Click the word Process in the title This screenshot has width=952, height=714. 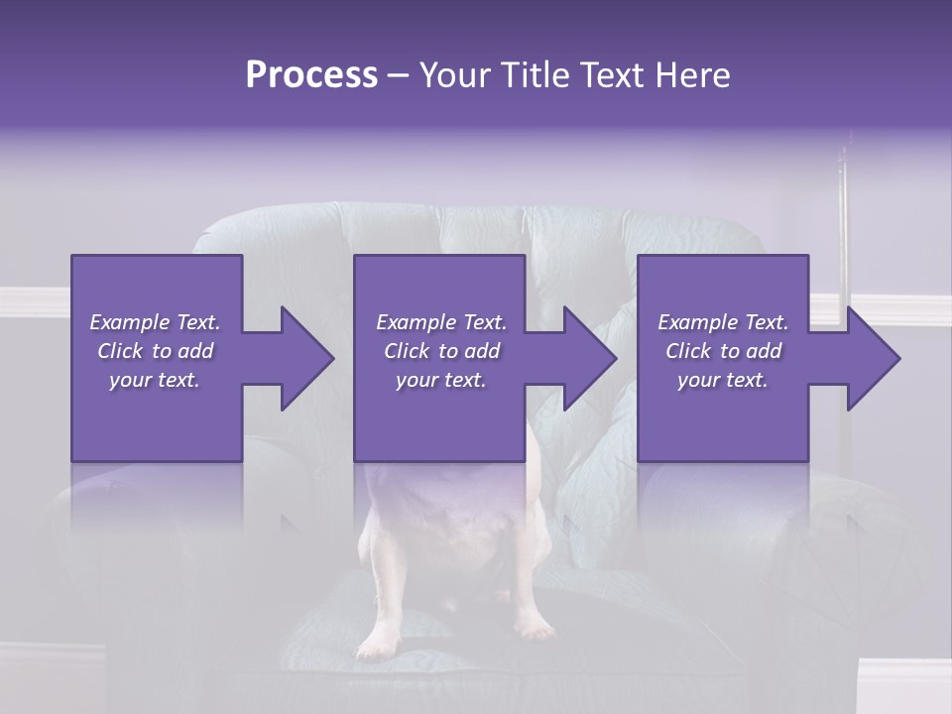(x=311, y=75)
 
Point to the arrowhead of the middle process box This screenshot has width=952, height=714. (x=589, y=358)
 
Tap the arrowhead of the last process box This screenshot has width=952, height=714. (x=873, y=358)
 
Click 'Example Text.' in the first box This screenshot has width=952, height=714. (x=155, y=322)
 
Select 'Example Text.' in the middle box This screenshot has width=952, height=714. (x=441, y=322)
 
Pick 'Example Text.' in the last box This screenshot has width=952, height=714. (x=723, y=322)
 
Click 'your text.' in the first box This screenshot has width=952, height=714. (x=155, y=380)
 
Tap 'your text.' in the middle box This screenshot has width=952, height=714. (x=441, y=380)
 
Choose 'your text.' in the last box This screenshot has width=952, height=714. (x=723, y=380)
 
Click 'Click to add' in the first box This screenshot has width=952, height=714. (x=155, y=351)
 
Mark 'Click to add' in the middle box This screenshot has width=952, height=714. (x=441, y=351)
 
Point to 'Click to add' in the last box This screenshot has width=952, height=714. (x=723, y=351)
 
